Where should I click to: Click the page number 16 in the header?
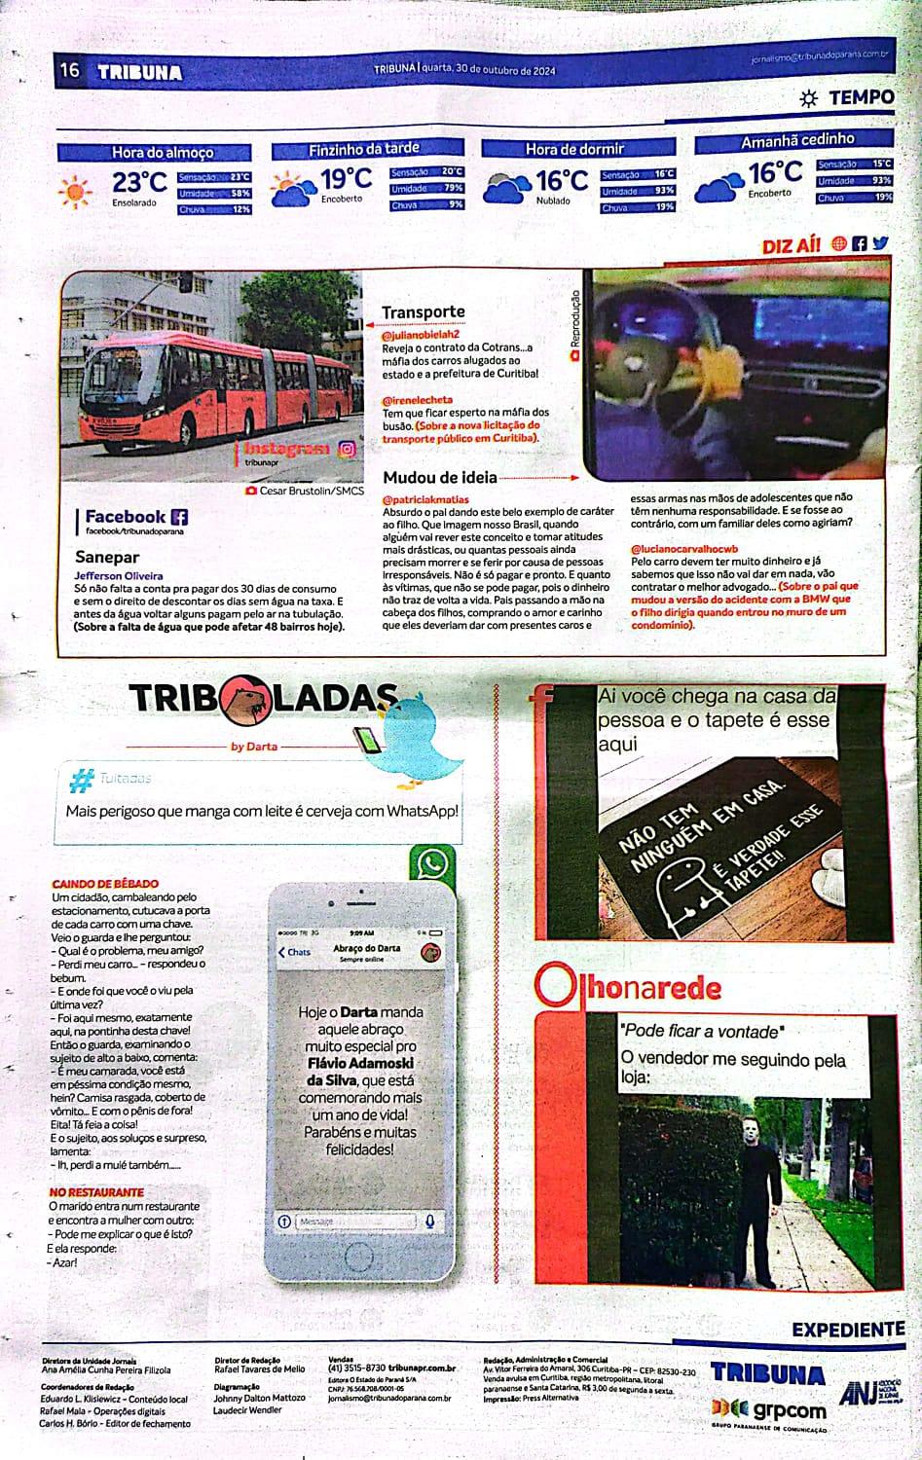69,70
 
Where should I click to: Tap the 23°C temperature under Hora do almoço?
139,183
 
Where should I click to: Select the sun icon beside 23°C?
75,191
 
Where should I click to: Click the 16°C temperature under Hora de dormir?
562,181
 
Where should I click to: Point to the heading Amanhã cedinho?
796,140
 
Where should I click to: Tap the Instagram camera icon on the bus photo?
347,449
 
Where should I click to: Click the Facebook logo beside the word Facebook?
179,517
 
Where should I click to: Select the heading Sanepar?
107,558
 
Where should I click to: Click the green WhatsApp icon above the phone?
433,862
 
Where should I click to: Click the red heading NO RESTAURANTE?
96,1192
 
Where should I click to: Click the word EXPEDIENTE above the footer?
847,1329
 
